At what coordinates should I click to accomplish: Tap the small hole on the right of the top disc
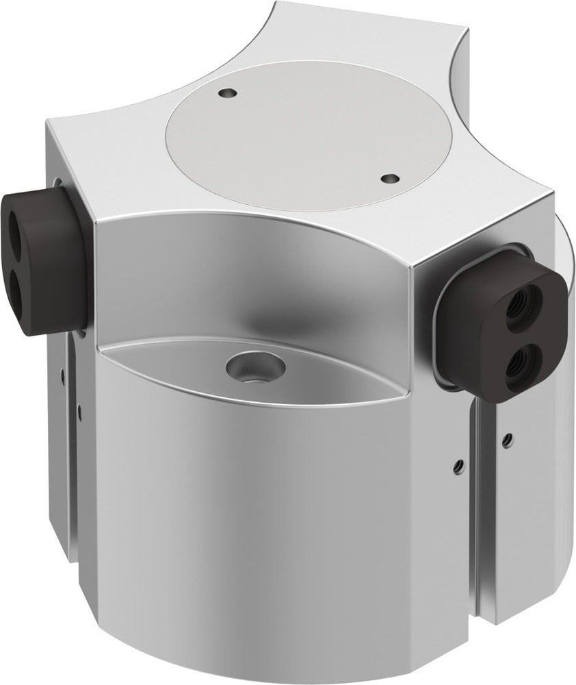click(390, 178)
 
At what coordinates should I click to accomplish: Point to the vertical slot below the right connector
click(478, 521)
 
